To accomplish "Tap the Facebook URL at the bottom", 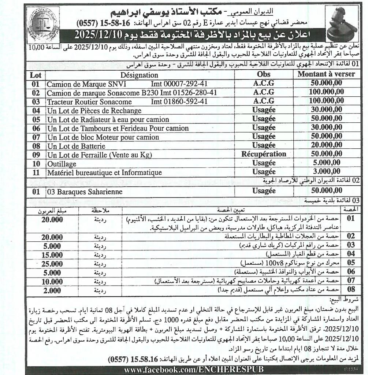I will click(x=194, y=370).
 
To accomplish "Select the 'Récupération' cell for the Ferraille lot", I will click(x=264, y=155).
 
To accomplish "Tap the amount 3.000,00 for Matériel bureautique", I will click(x=326, y=172).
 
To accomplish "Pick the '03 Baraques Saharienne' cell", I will click(x=85, y=192).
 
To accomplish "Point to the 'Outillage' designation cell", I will click(x=62, y=164).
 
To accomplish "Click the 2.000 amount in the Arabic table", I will click(x=52, y=291).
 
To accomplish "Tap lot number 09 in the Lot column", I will click(x=36, y=155).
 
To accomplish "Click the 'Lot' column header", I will click(x=36, y=75).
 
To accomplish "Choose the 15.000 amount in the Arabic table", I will click(x=52, y=255).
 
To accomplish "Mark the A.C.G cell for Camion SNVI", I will click(x=264, y=84).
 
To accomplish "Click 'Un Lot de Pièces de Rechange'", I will click(x=94, y=111).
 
